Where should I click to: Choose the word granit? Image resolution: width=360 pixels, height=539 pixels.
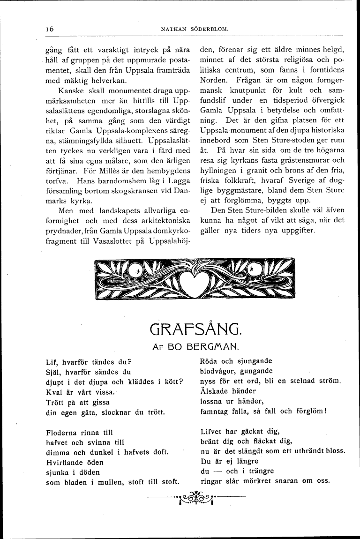[251, 170]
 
